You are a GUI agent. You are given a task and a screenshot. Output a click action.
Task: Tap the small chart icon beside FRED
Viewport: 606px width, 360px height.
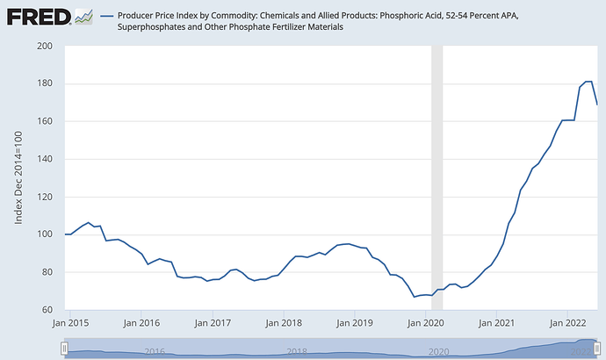pyautogui.click(x=84, y=16)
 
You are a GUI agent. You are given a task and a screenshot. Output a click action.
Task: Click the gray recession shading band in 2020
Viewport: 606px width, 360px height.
pyautogui.click(x=436, y=176)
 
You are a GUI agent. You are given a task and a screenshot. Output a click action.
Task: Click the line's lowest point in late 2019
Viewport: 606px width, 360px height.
pyautogui.click(x=415, y=297)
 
